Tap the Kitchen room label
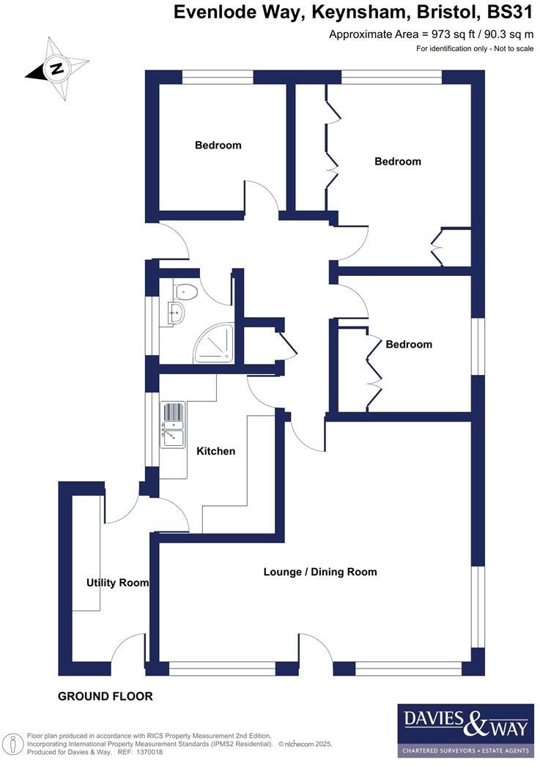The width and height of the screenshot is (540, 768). pyautogui.click(x=216, y=451)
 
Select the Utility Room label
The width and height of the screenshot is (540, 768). pyautogui.click(x=117, y=583)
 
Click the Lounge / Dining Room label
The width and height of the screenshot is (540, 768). pyautogui.click(x=320, y=571)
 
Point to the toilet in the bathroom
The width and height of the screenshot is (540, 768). pyautogui.click(x=186, y=292)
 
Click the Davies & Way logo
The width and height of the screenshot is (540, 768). pyautogui.click(x=465, y=730)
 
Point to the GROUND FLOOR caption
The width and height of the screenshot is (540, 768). pyautogui.click(x=106, y=696)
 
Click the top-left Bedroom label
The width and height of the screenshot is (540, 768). pyautogui.click(x=218, y=145)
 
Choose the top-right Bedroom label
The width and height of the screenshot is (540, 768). pyautogui.click(x=398, y=161)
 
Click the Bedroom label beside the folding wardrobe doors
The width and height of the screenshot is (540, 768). pyautogui.click(x=409, y=344)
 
